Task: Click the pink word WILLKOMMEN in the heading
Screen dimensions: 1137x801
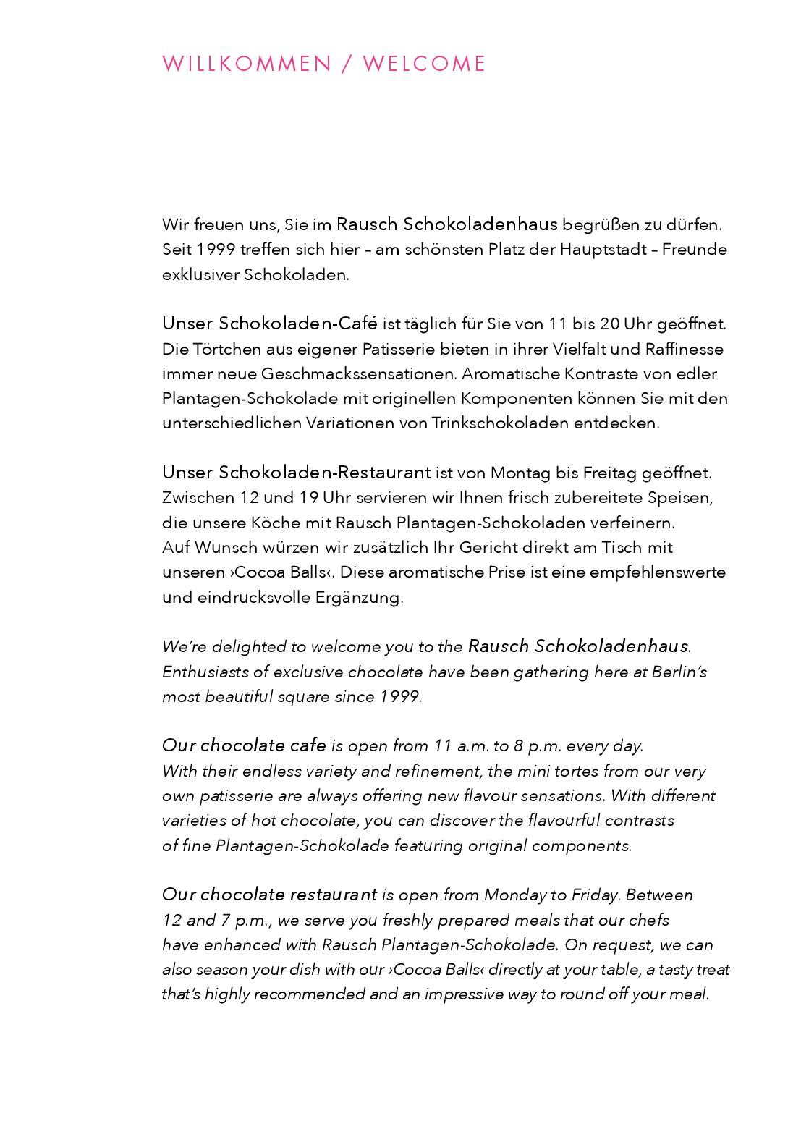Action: coord(246,64)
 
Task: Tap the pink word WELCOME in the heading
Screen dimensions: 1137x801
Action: coord(424,64)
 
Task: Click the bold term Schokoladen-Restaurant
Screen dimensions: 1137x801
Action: coord(324,473)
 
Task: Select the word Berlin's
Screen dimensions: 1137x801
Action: coord(679,672)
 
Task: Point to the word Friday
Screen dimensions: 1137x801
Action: coord(595,895)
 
